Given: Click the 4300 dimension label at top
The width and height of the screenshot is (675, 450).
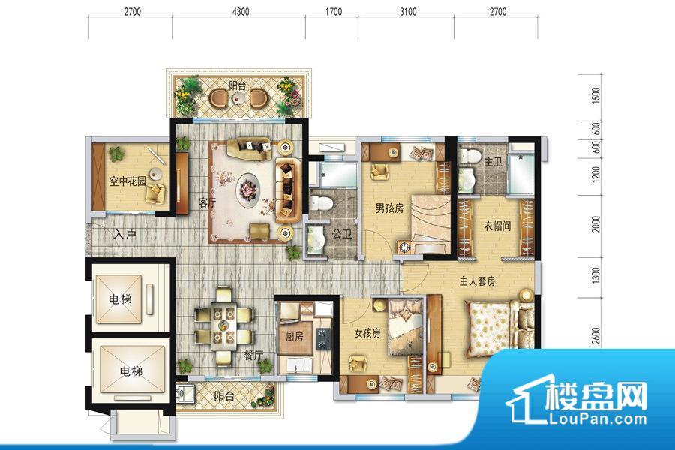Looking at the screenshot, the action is point(241,12).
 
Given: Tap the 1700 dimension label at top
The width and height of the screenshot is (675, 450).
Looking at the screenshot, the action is point(333,12).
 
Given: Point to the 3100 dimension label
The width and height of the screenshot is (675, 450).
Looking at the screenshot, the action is point(408,12).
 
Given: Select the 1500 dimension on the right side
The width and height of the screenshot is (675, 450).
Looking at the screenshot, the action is point(595,95).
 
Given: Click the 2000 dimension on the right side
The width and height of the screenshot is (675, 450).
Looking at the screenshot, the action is point(595,224).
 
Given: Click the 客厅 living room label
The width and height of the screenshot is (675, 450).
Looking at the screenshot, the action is point(207,202).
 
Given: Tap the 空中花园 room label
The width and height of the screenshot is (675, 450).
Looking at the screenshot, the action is point(127,181).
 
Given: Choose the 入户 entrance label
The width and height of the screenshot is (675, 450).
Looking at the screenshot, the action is point(125,235).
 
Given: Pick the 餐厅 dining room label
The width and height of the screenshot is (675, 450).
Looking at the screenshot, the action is point(253,355).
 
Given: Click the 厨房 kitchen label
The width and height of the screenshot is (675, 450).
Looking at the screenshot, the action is point(295,336).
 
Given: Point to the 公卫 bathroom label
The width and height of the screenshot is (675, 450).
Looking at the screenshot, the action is point(341,234).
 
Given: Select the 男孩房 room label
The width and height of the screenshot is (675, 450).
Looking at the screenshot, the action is point(389,208).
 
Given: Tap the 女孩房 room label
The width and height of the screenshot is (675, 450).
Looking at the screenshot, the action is point(367,333).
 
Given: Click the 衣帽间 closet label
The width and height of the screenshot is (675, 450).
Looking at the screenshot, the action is point(497,226).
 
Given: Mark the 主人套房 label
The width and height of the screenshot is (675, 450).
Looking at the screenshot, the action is point(477,281).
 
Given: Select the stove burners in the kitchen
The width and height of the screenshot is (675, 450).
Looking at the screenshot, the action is point(322,338).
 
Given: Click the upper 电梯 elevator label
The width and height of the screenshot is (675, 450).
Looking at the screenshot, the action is point(120,298).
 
